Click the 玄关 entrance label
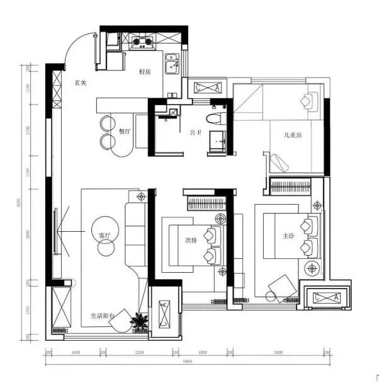(x=80, y=83)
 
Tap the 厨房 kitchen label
(x=145, y=72)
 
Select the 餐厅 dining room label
(x=125, y=132)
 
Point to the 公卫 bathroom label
(x=195, y=133)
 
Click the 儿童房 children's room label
(x=293, y=135)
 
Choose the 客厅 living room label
(x=105, y=235)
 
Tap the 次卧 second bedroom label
(x=191, y=240)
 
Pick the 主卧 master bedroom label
(x=289, y=236)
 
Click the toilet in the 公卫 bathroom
(x=214, y=118)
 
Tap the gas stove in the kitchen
(x=142, y=43)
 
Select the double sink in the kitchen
(x=172, y=64)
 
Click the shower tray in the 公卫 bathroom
(x=217, y=142)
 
